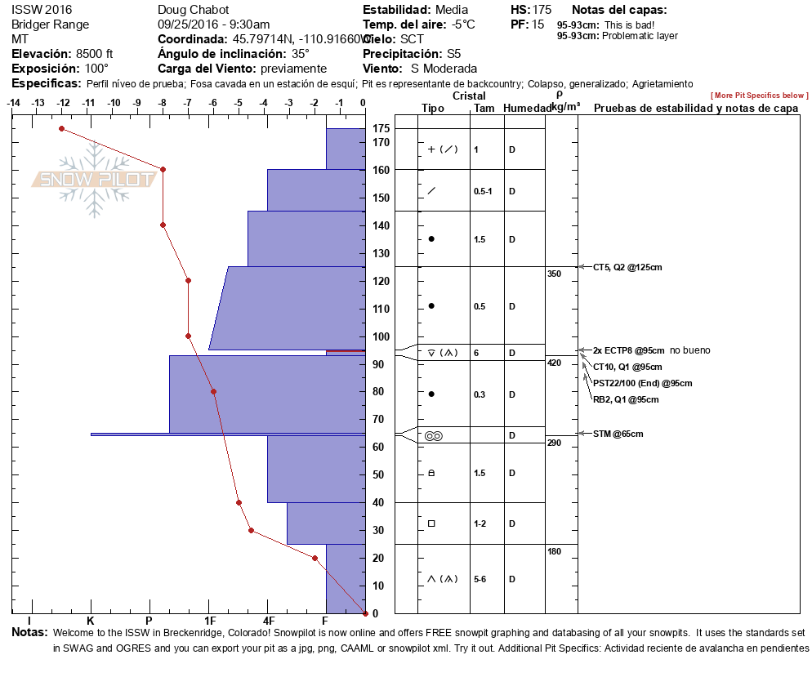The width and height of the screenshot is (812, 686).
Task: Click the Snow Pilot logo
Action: (95, 180)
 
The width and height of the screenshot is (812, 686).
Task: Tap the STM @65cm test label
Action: (618, 434)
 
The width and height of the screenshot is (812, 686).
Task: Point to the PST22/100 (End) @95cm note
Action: (642, 383)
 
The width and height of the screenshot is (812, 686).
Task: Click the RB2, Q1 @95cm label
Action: (626, 399)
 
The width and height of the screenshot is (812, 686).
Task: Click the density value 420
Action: (554, 363)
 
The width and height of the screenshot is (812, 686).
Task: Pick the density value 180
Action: (554, 552)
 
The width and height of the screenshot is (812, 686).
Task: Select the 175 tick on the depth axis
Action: (381, 128)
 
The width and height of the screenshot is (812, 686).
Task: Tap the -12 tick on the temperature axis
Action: (63, 103)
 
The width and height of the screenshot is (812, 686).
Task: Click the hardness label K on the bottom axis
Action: (91, 621)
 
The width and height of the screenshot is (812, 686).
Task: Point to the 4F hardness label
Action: (269, 621)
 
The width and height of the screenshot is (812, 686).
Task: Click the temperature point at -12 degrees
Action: (61, 128)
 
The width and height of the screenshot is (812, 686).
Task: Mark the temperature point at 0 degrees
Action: (365, 612)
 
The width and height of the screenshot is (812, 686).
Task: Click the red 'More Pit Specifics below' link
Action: (760, 96)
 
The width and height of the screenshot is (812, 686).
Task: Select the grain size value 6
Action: (476, 353)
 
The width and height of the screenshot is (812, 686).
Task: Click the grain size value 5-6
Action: (480, 579)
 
